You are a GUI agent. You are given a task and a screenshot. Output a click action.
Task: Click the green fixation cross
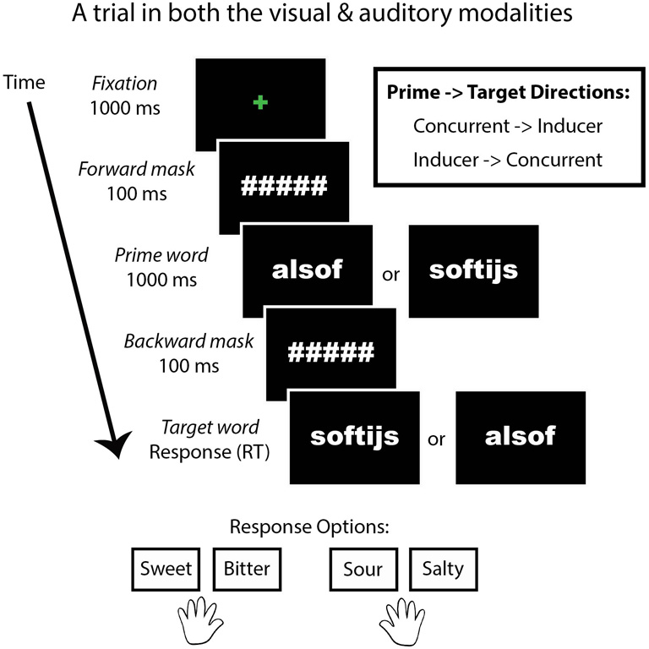point(259,102)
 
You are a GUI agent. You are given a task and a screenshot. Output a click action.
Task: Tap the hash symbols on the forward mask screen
point(283,185)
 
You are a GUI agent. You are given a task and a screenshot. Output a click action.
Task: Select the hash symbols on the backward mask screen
point(330,352)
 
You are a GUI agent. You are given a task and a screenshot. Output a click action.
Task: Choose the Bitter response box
point(247,569)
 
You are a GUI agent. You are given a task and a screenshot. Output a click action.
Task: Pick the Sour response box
point(363,569)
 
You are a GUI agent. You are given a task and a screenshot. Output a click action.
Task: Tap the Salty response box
point(444,569)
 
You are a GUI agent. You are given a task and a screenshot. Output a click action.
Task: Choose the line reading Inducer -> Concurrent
point(507,160)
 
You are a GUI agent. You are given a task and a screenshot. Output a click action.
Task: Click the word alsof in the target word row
point(520,435)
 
